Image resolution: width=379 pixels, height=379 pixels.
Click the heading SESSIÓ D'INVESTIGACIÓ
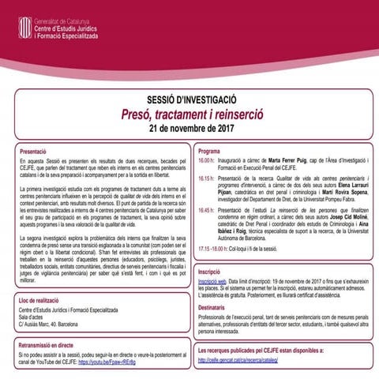(189, 100)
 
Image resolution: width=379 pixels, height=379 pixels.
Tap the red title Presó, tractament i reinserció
(189, 114)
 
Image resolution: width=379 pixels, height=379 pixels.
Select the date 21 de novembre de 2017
(189, 129)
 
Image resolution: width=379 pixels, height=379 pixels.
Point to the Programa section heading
(209, 150)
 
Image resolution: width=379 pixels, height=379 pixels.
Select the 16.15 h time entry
(207, 179)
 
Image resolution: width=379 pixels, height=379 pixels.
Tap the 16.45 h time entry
(207, 212)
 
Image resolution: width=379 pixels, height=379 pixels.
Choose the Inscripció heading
(210, 270)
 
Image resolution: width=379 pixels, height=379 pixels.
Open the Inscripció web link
(212, 280)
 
